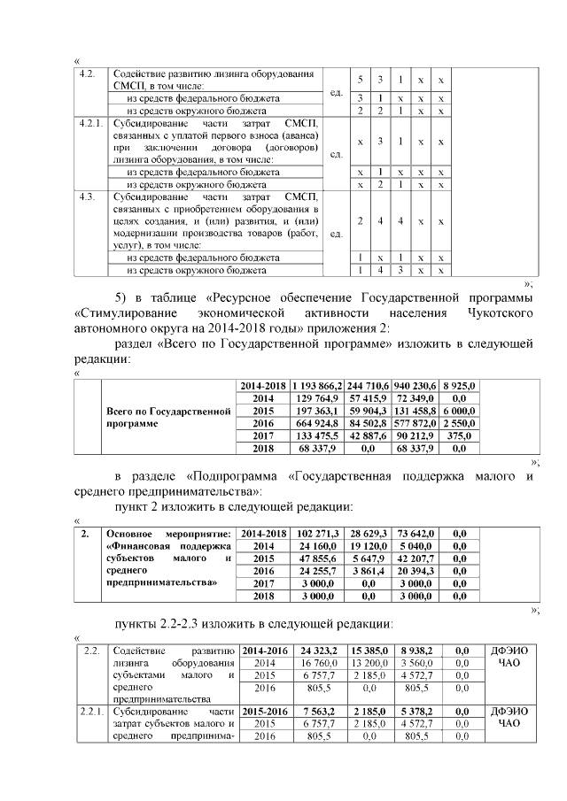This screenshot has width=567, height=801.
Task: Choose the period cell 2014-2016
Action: (x=264, y=650)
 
